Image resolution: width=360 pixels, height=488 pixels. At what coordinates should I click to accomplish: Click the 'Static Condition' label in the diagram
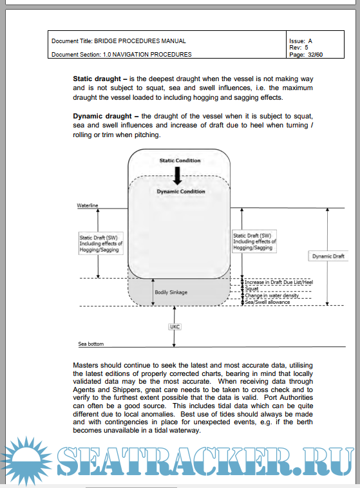(180, 160)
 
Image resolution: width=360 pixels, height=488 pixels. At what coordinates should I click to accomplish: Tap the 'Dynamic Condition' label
(181, 191)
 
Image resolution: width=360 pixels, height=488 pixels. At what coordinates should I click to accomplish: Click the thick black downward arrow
(178, 176)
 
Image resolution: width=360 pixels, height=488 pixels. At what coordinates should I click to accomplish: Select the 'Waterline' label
(88, 205)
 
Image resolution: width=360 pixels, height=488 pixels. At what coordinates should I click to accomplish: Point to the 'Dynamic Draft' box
(328, 256)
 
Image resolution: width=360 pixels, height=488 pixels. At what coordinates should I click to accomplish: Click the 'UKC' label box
(175, 326)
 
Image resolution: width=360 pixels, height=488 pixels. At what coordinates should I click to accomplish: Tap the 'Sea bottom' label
(91, 344)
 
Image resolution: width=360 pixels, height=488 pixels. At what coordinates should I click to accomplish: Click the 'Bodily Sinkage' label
(171, 292)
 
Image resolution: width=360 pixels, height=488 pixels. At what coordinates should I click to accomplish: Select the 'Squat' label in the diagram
(252, 289)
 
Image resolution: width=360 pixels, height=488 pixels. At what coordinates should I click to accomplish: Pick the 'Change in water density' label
(272, 296)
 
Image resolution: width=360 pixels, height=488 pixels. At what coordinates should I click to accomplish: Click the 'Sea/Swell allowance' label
(267, 302)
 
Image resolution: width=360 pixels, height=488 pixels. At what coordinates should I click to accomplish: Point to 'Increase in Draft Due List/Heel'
(279, 282)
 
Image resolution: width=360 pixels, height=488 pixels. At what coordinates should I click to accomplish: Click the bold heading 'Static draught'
(97, 79)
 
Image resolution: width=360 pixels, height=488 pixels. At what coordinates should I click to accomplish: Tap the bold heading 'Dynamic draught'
(102, 116)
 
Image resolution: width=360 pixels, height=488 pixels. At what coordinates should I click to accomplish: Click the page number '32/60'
(315, 55)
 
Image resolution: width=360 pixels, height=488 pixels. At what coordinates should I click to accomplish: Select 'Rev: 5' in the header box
(299, 48)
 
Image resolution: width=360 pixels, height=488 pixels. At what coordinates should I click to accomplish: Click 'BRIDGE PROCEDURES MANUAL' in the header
(140, 41)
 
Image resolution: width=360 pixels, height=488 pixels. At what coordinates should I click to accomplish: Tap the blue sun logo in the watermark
(26, 460)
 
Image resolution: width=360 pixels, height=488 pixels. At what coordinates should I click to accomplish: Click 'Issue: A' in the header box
(301, 41)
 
